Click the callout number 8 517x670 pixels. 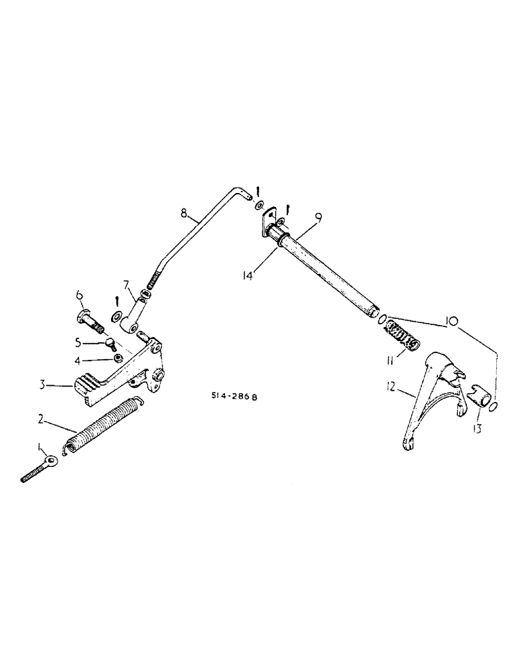pos(183,215)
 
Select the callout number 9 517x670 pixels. pos(319,217)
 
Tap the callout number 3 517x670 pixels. pos(42,385)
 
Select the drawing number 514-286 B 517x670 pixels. pos(233,397)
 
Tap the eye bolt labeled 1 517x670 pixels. pos(40,469)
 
